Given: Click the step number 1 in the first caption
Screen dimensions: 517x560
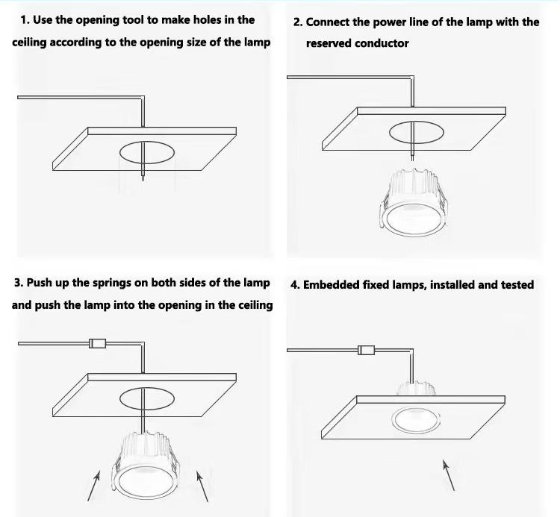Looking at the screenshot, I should pos(25,20).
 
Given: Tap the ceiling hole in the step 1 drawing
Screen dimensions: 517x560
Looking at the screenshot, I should pos(147,153).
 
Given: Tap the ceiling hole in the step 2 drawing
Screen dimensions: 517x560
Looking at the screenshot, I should pos(416,131).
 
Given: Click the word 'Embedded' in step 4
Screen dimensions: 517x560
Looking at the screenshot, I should pos(332,284).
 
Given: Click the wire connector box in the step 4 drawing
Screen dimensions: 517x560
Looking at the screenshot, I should pos(366,350).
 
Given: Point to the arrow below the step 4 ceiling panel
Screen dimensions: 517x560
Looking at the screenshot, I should pos(449,474).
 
